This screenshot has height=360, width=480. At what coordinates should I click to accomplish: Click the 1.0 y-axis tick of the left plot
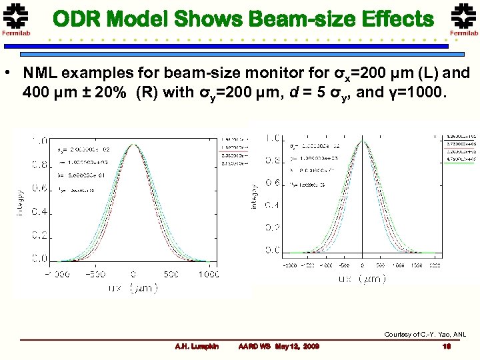[39, 141]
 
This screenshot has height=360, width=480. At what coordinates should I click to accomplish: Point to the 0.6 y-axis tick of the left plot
[39, 189]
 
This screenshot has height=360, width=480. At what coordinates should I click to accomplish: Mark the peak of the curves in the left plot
[133, 143]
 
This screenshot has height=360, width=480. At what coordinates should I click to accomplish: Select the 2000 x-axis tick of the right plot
[435, 265]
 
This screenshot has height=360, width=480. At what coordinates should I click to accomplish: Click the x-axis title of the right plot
[361, 279]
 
